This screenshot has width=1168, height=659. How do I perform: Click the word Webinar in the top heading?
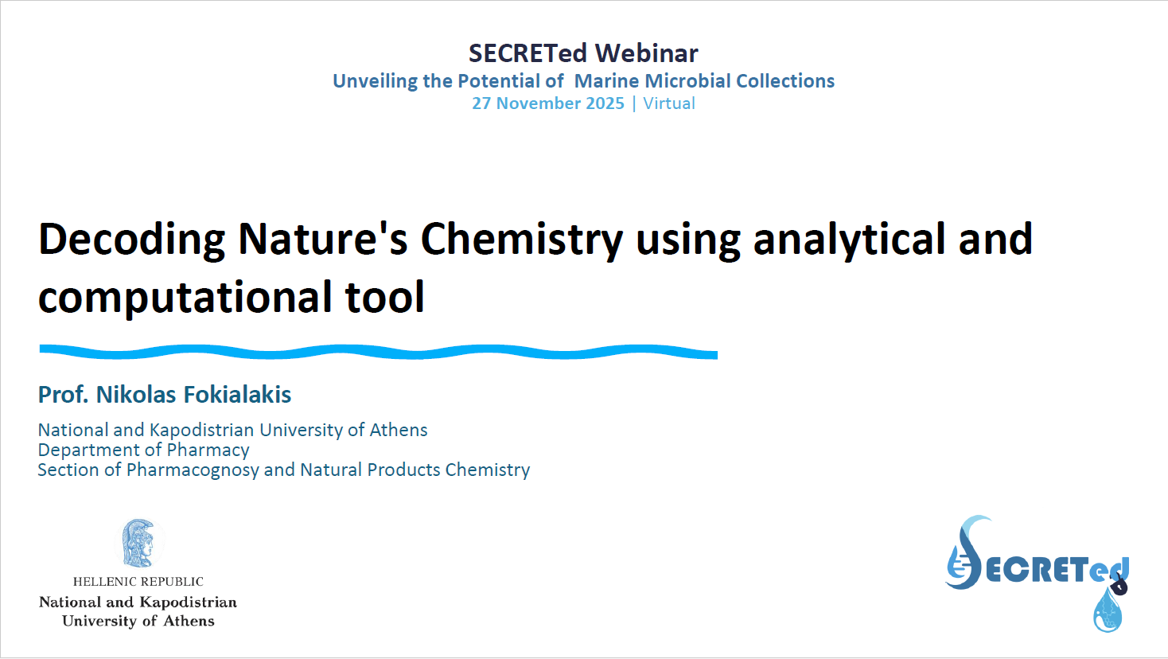pyautogui.click(x=646, y=53)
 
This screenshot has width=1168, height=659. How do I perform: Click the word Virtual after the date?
pyautogui.click(x=669, y=103)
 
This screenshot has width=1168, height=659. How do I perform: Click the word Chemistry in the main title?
pyautogui.click(x=521, y=240)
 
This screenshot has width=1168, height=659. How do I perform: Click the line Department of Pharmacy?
pyautogui.click(x=143, y=450)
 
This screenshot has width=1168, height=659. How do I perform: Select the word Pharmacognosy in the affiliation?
pyautogui.click(x=193, y=470)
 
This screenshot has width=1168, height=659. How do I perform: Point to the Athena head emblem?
pyautogui.click(x=138, y=543)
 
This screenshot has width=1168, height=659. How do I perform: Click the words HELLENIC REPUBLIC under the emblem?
pyautogui.click(x=138, y=582)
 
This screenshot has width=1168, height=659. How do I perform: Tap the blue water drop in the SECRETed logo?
pyautogui.click(x=1108, y=610)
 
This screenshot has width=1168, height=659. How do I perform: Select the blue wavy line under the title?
pyautogui.click(x=379, y=353)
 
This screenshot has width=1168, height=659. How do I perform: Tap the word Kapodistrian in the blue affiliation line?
pyautogui.click(x=202, y=430)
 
